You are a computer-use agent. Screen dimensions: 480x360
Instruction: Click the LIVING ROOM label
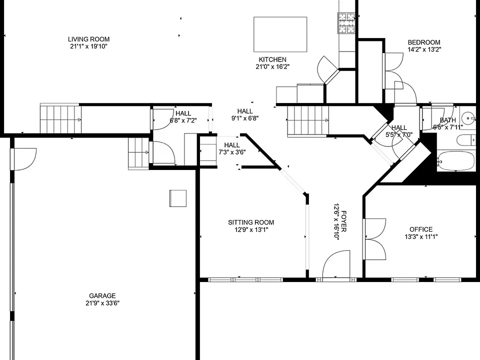(x=89, y=39)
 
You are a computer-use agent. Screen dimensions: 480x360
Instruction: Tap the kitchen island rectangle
(x=280, y=34)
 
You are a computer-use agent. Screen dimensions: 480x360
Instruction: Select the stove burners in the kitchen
(x=346, y=23)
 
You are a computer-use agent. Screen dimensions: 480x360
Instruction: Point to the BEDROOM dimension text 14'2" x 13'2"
(x=424, y=49)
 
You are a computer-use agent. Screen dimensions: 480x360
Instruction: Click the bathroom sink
(x=468, y=117)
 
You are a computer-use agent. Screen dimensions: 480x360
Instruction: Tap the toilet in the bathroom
(x=466, y=140)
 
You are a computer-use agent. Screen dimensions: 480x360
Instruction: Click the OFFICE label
(x=421, y=229)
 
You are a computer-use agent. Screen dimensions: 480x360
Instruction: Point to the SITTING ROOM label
(x=251, y=222)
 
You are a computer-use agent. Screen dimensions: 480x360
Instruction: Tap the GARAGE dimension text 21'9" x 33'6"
(x=102, y=303)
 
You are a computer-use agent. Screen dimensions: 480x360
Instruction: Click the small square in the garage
(x=178, y=198)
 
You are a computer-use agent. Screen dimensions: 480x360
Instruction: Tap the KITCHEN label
(x=273, y=59)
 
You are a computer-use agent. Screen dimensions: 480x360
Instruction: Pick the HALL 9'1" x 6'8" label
(x=245, y=115)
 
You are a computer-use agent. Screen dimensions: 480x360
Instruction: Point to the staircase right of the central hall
(x=308, y=120)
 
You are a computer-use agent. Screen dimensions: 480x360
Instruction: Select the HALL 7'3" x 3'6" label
(x=232, y=148)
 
